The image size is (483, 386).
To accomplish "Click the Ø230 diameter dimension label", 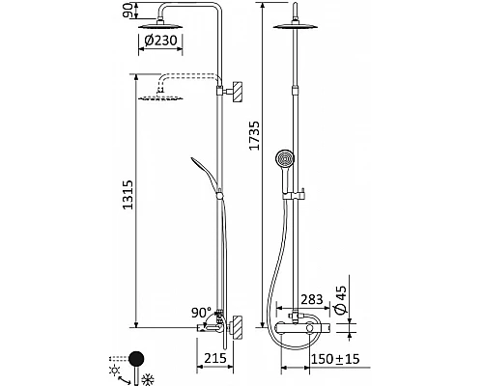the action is pyautogui.click(x=160, y=41).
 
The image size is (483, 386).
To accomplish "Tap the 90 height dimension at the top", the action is pyautogui.click(x=128, y=11).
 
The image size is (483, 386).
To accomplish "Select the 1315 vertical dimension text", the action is pyautogui.click(x=128, y=195).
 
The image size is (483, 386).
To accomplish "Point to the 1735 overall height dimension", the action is pyautogui.click(x=254, y=135).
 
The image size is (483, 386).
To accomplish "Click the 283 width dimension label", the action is pyautogui.click(x=311, y=299).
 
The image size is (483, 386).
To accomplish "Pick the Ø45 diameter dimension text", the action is pyautogui.click(x=341, y=300).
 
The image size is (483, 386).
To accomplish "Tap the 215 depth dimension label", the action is pyautogui.click(x=215, y=358).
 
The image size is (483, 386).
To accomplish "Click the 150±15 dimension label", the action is pyautogui.click(x=335, y=359).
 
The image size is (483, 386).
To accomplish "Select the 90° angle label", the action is pyautogui.click(x=201, y=313).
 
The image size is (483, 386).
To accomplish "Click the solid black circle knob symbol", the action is pyautogui.click(x=136, y=359).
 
